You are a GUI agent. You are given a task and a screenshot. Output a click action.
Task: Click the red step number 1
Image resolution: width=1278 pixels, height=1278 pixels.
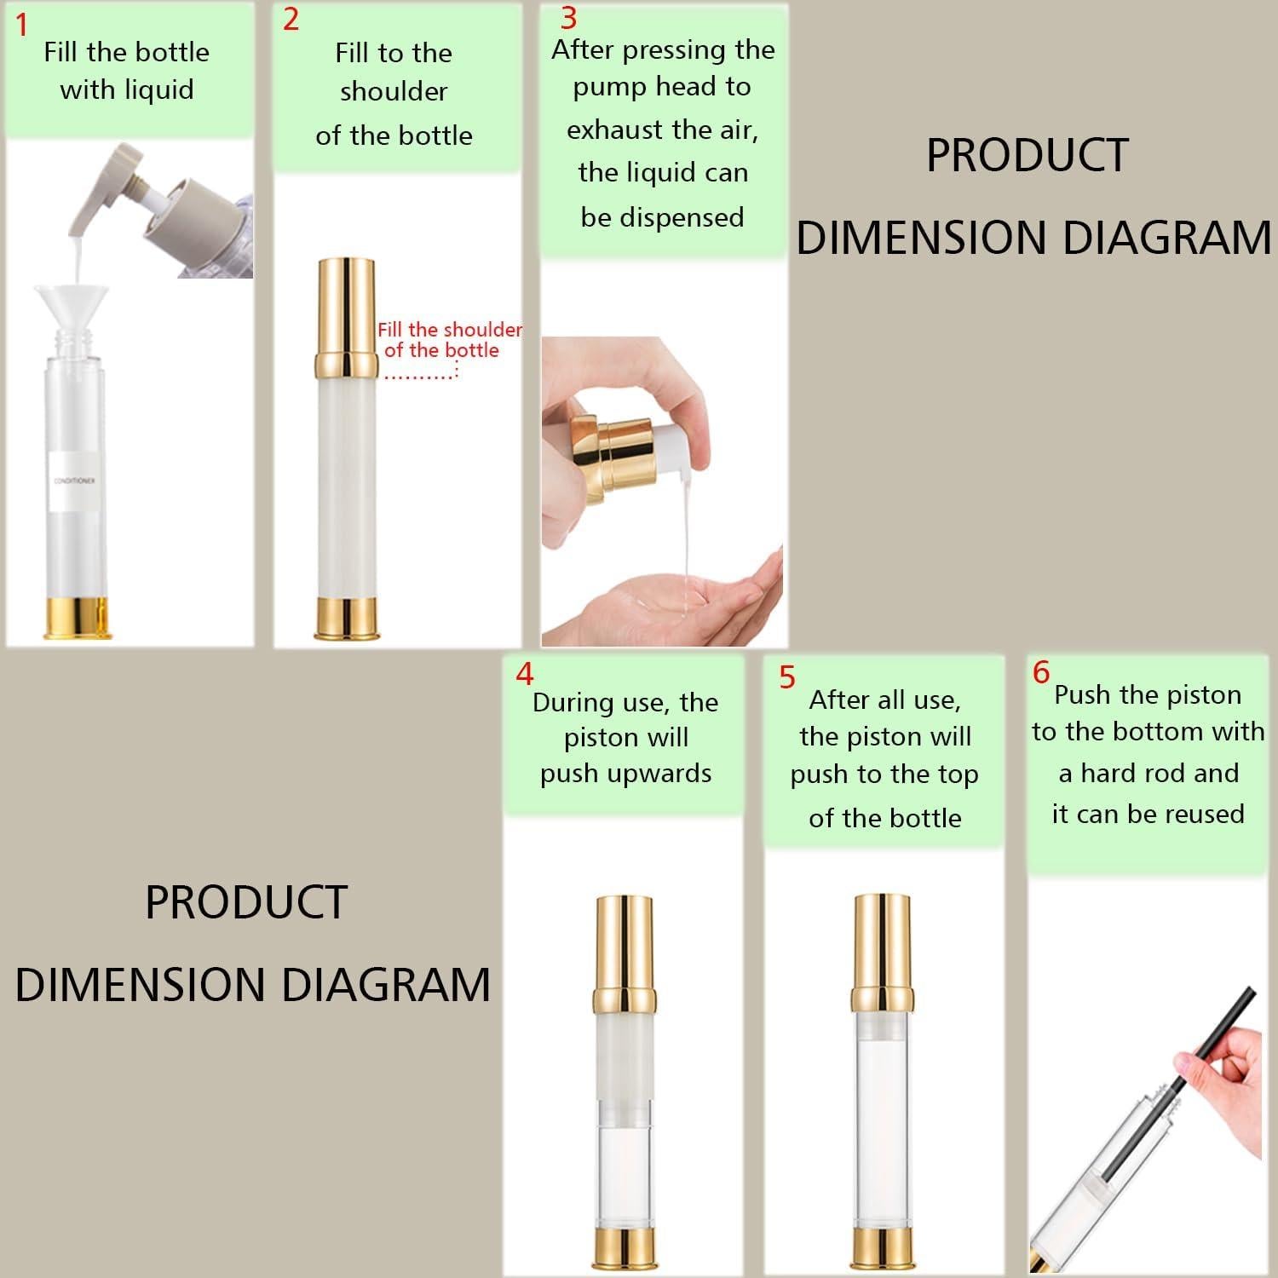[x=22, y=26]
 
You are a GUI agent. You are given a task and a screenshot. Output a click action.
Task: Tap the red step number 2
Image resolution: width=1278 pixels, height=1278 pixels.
[x=291, y=19]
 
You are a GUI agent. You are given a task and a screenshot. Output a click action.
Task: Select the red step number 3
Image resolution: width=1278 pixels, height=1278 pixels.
[x=568, y=17]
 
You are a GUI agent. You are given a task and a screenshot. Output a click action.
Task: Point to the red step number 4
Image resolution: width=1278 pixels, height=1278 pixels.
[x=525, y=674]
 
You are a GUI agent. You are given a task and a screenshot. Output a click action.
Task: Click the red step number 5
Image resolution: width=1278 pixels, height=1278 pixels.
[x=787, y=677]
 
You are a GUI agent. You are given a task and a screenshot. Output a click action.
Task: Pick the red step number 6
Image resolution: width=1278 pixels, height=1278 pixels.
[x=1041, y=672]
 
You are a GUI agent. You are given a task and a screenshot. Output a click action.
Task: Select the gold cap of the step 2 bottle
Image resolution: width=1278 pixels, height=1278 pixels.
[x=348, y=317]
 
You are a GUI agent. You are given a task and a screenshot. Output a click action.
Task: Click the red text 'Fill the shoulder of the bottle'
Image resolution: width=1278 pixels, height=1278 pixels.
[x=450, y=340]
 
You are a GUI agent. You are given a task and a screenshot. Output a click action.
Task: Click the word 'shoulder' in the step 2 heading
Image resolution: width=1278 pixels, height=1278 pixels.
[x=394, y=92]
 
